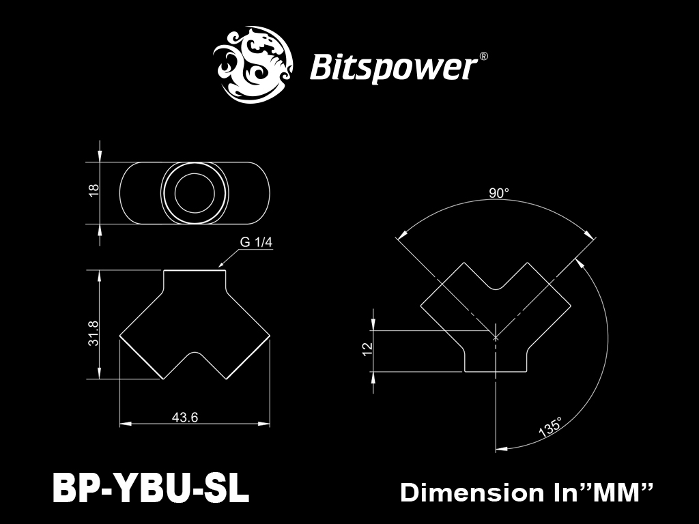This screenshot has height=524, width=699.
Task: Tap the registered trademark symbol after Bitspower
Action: point(483,57)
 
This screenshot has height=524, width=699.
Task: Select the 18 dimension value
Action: point(94,190)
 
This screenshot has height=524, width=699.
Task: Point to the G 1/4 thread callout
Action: point(256,242)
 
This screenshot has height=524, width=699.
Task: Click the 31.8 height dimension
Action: point(94,333)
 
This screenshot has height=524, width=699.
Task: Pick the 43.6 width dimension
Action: point(185,417)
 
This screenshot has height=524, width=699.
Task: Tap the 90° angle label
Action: point(499,193)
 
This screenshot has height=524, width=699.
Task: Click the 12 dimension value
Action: point(367,349)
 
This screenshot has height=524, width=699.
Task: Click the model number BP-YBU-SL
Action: point(150,489)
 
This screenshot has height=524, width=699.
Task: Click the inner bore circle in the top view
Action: point(195,193)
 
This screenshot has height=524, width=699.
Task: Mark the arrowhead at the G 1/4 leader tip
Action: point(220,267)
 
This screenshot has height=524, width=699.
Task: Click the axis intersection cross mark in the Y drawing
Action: point(496,337)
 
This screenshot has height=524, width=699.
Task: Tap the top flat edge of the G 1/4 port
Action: point(195,270)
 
